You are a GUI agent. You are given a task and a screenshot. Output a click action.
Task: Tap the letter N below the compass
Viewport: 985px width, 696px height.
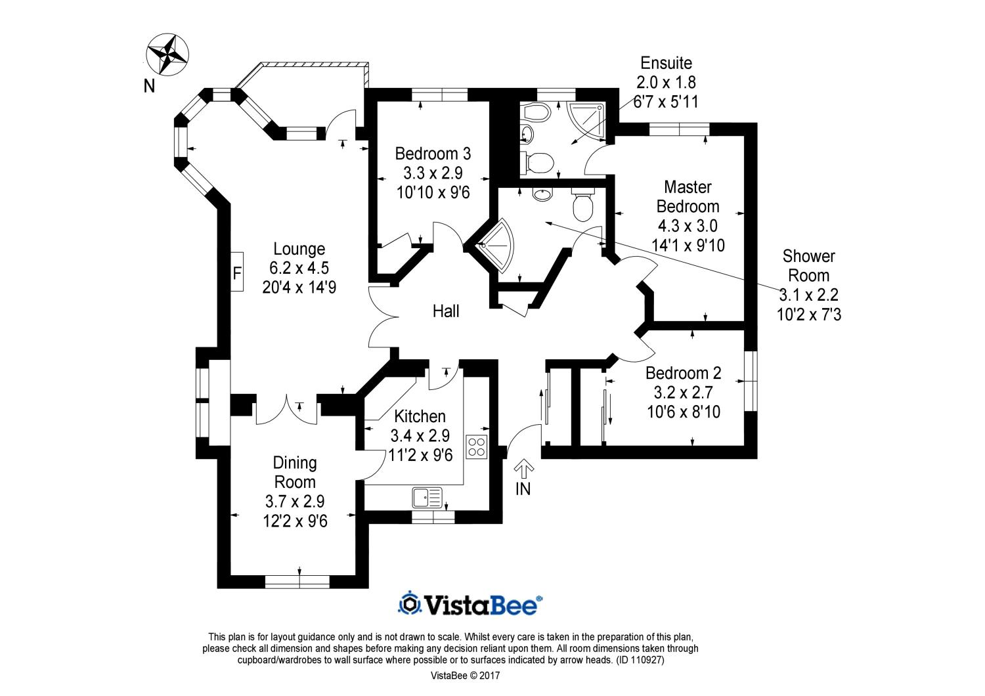click(x=150, y=86)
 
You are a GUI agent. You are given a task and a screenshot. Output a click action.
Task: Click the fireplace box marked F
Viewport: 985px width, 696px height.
click(x=237, y=272)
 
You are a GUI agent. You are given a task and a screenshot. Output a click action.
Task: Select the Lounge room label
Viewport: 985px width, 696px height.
click(x=299, y=249)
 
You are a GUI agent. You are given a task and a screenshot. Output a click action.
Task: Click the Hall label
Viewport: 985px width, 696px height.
click(x=446, y=311)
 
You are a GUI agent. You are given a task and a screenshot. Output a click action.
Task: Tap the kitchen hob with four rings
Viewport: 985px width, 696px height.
click(x=476, y=446)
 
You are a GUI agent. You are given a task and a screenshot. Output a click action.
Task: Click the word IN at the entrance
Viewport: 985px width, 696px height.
click(x=523, y=489)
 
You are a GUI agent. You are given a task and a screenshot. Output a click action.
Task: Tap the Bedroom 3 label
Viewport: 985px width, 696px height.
click(x=433, y=154)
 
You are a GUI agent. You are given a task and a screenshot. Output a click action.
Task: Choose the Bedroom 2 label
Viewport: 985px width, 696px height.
click(x=683, y=374)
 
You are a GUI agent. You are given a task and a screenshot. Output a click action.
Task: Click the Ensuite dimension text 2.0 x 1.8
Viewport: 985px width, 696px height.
click(x=666, y=83)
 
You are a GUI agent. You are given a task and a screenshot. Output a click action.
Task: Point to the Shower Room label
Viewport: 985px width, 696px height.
click(x=808, y=266)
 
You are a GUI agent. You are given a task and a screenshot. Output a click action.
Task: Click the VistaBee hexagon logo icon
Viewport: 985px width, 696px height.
click(x=410, y=603)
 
